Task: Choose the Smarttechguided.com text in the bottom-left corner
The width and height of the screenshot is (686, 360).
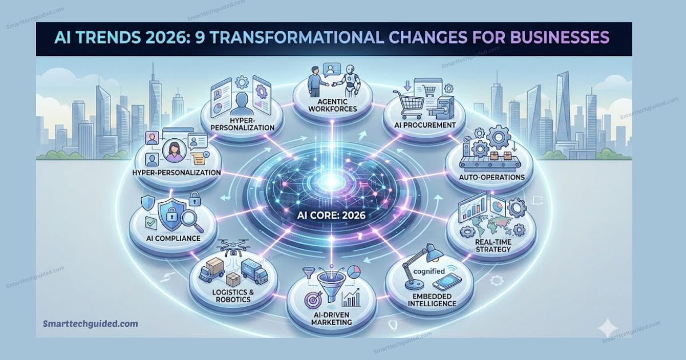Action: pos(90,323)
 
